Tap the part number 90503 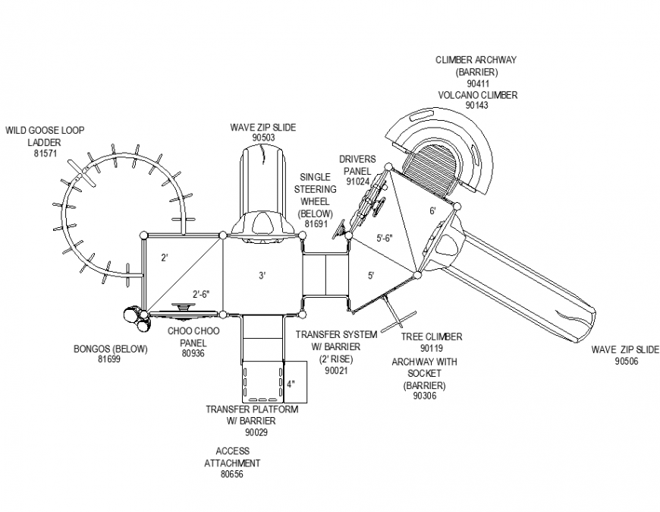point(262,137)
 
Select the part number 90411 point(477,83)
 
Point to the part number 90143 point(477,106)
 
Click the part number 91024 point(357,182)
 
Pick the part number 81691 point(315,225)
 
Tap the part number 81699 point(109,359)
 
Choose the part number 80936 point(194,353)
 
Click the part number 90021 point(335,370)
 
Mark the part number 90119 point(432,348)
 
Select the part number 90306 point(425,396)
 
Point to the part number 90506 point(626,362)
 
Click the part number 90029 point(252,433)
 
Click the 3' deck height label point(262,276)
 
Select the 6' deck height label point(432,211)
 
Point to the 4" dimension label point(291,384)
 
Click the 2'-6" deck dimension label point(200,294)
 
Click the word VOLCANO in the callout point(459,95)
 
